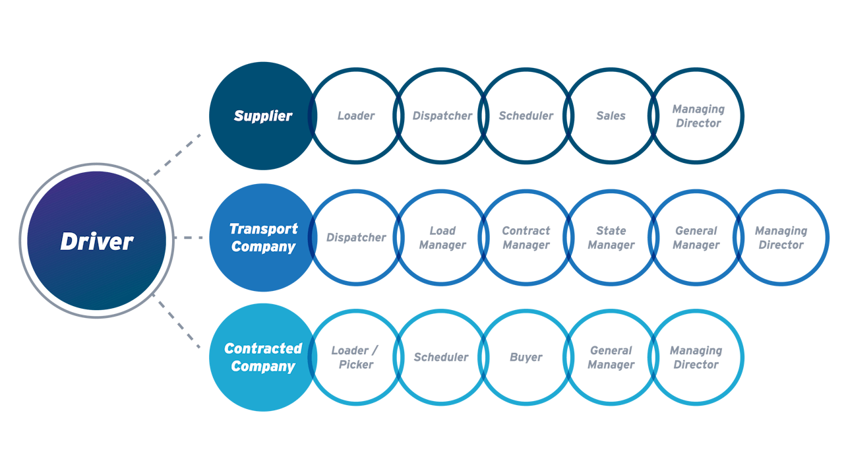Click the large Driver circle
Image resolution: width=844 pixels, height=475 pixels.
click(x=96, y=241)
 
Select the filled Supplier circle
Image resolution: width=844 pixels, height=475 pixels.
click(x=262, y=115)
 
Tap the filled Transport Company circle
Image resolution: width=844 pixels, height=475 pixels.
click(x=262, y=237)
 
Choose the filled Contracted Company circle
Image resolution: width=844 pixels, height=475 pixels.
click(x=262, y=357)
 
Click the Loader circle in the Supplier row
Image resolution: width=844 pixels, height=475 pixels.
click(x=356, y=115)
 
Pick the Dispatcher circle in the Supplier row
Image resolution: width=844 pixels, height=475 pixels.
click(x=442, y=115)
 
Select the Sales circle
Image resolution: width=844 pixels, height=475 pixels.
click(x=611, y=115)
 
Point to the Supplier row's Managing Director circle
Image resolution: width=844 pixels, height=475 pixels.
click(x=698, y=115)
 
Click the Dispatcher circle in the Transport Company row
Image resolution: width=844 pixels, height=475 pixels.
click(x=356, y=237)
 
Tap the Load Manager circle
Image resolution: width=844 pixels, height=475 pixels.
click(x=442, y=237)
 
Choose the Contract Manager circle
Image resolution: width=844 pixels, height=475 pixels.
click(x=526, y=237)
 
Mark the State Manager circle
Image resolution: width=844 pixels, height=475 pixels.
click(x=611, y=237)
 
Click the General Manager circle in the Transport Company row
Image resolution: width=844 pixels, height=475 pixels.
click(x=696, y=237)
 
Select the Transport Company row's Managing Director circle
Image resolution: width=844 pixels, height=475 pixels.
click(x=781, y=237)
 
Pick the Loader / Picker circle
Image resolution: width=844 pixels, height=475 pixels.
click(x=356, y=357)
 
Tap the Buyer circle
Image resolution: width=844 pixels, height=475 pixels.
click(x=526, y=357)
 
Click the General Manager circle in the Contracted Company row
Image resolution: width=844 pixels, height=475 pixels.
click(x=611, y=357)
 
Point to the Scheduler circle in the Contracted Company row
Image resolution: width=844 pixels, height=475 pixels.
click(x=440, y=357)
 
